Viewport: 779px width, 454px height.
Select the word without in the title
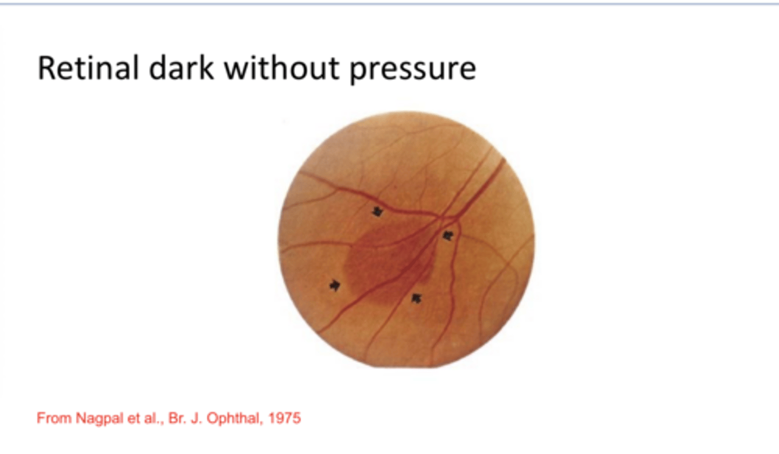(x=282, y=69)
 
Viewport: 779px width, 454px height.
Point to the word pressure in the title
(x=412, y=71)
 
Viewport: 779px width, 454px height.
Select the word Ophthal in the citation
(x=239, y=418)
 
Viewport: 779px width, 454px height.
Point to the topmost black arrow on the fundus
(x=377, y=211)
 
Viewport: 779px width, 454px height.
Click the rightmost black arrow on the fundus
(x=447, y=236)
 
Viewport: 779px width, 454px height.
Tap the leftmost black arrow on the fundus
(x=335, y=285)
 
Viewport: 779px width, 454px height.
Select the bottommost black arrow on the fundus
(x=415, y=298)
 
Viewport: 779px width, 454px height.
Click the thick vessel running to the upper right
(x=481, y=184)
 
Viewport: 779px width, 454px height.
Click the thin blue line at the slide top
(x=389, y=4)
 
